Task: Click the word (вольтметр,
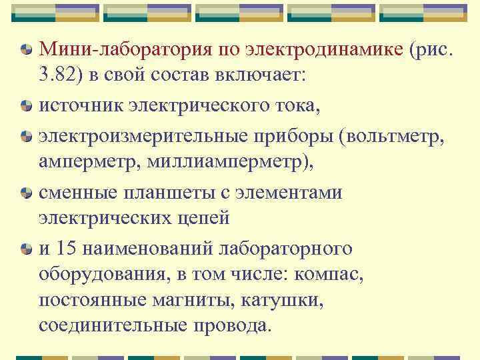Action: pos(393,136)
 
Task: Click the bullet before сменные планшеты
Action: pos(25,193)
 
